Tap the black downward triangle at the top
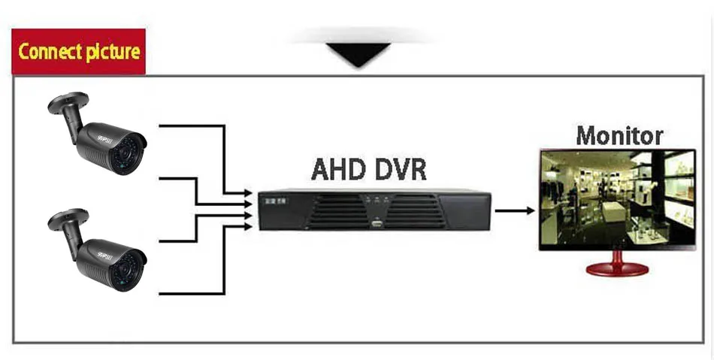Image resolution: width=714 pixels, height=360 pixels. coord(357,55)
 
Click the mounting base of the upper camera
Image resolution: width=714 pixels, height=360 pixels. coord(67,101)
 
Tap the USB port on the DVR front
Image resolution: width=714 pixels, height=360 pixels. coord(377,223)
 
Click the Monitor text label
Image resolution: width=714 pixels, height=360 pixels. coord(619,135)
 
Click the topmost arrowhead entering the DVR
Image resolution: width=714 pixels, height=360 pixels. coord(248,194)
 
